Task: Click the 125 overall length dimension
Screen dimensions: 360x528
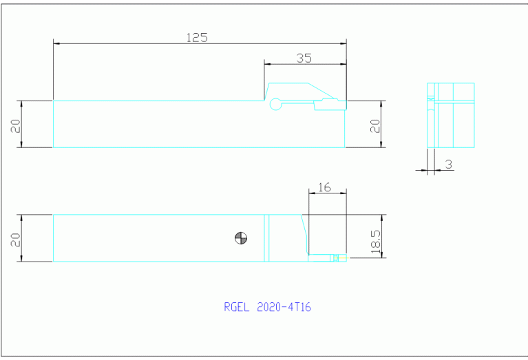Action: (x=197, y=37)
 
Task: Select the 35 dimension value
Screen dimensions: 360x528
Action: (x=304, y=59)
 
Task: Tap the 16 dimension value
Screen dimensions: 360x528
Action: (x=326, y=187)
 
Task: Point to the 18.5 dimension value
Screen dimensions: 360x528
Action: (x=375, y=243)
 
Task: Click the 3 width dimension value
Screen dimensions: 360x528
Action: (x=448, y=164)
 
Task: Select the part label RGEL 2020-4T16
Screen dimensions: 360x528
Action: (x=267, y=308)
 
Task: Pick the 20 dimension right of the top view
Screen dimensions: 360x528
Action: (x=375, y=125)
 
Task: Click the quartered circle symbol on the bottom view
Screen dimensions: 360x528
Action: (x=241, y=238)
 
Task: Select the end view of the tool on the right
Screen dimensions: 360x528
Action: (x=451, y=115)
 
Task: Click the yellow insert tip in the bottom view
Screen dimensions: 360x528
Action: (x=342, y=259)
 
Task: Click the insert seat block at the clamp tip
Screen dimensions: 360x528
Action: (x=330, y=105)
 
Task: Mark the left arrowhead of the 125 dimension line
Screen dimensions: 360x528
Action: (x=56, y=43)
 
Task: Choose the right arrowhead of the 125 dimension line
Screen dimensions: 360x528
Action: (x=344, y=43)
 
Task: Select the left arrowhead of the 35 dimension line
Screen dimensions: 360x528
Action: (x=268, y=65)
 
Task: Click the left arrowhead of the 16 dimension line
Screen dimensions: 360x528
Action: (x=310, y=193)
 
